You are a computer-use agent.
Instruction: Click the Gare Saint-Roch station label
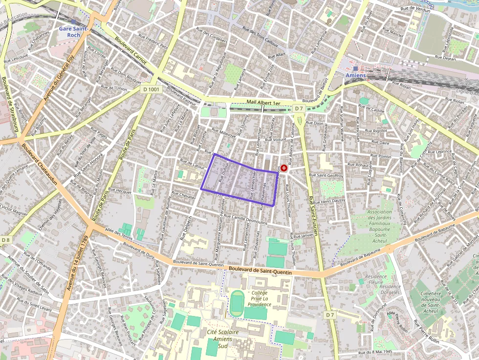[69, 32]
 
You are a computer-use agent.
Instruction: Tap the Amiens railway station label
[355, 76]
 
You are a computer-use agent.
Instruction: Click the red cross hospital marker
[284, 168]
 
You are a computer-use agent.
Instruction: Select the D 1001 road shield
[152, 89]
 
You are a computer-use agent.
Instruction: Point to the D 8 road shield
[5, 240]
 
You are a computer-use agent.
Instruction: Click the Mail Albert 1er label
[263, 103]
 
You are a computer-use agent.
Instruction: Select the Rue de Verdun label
[415, 9]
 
